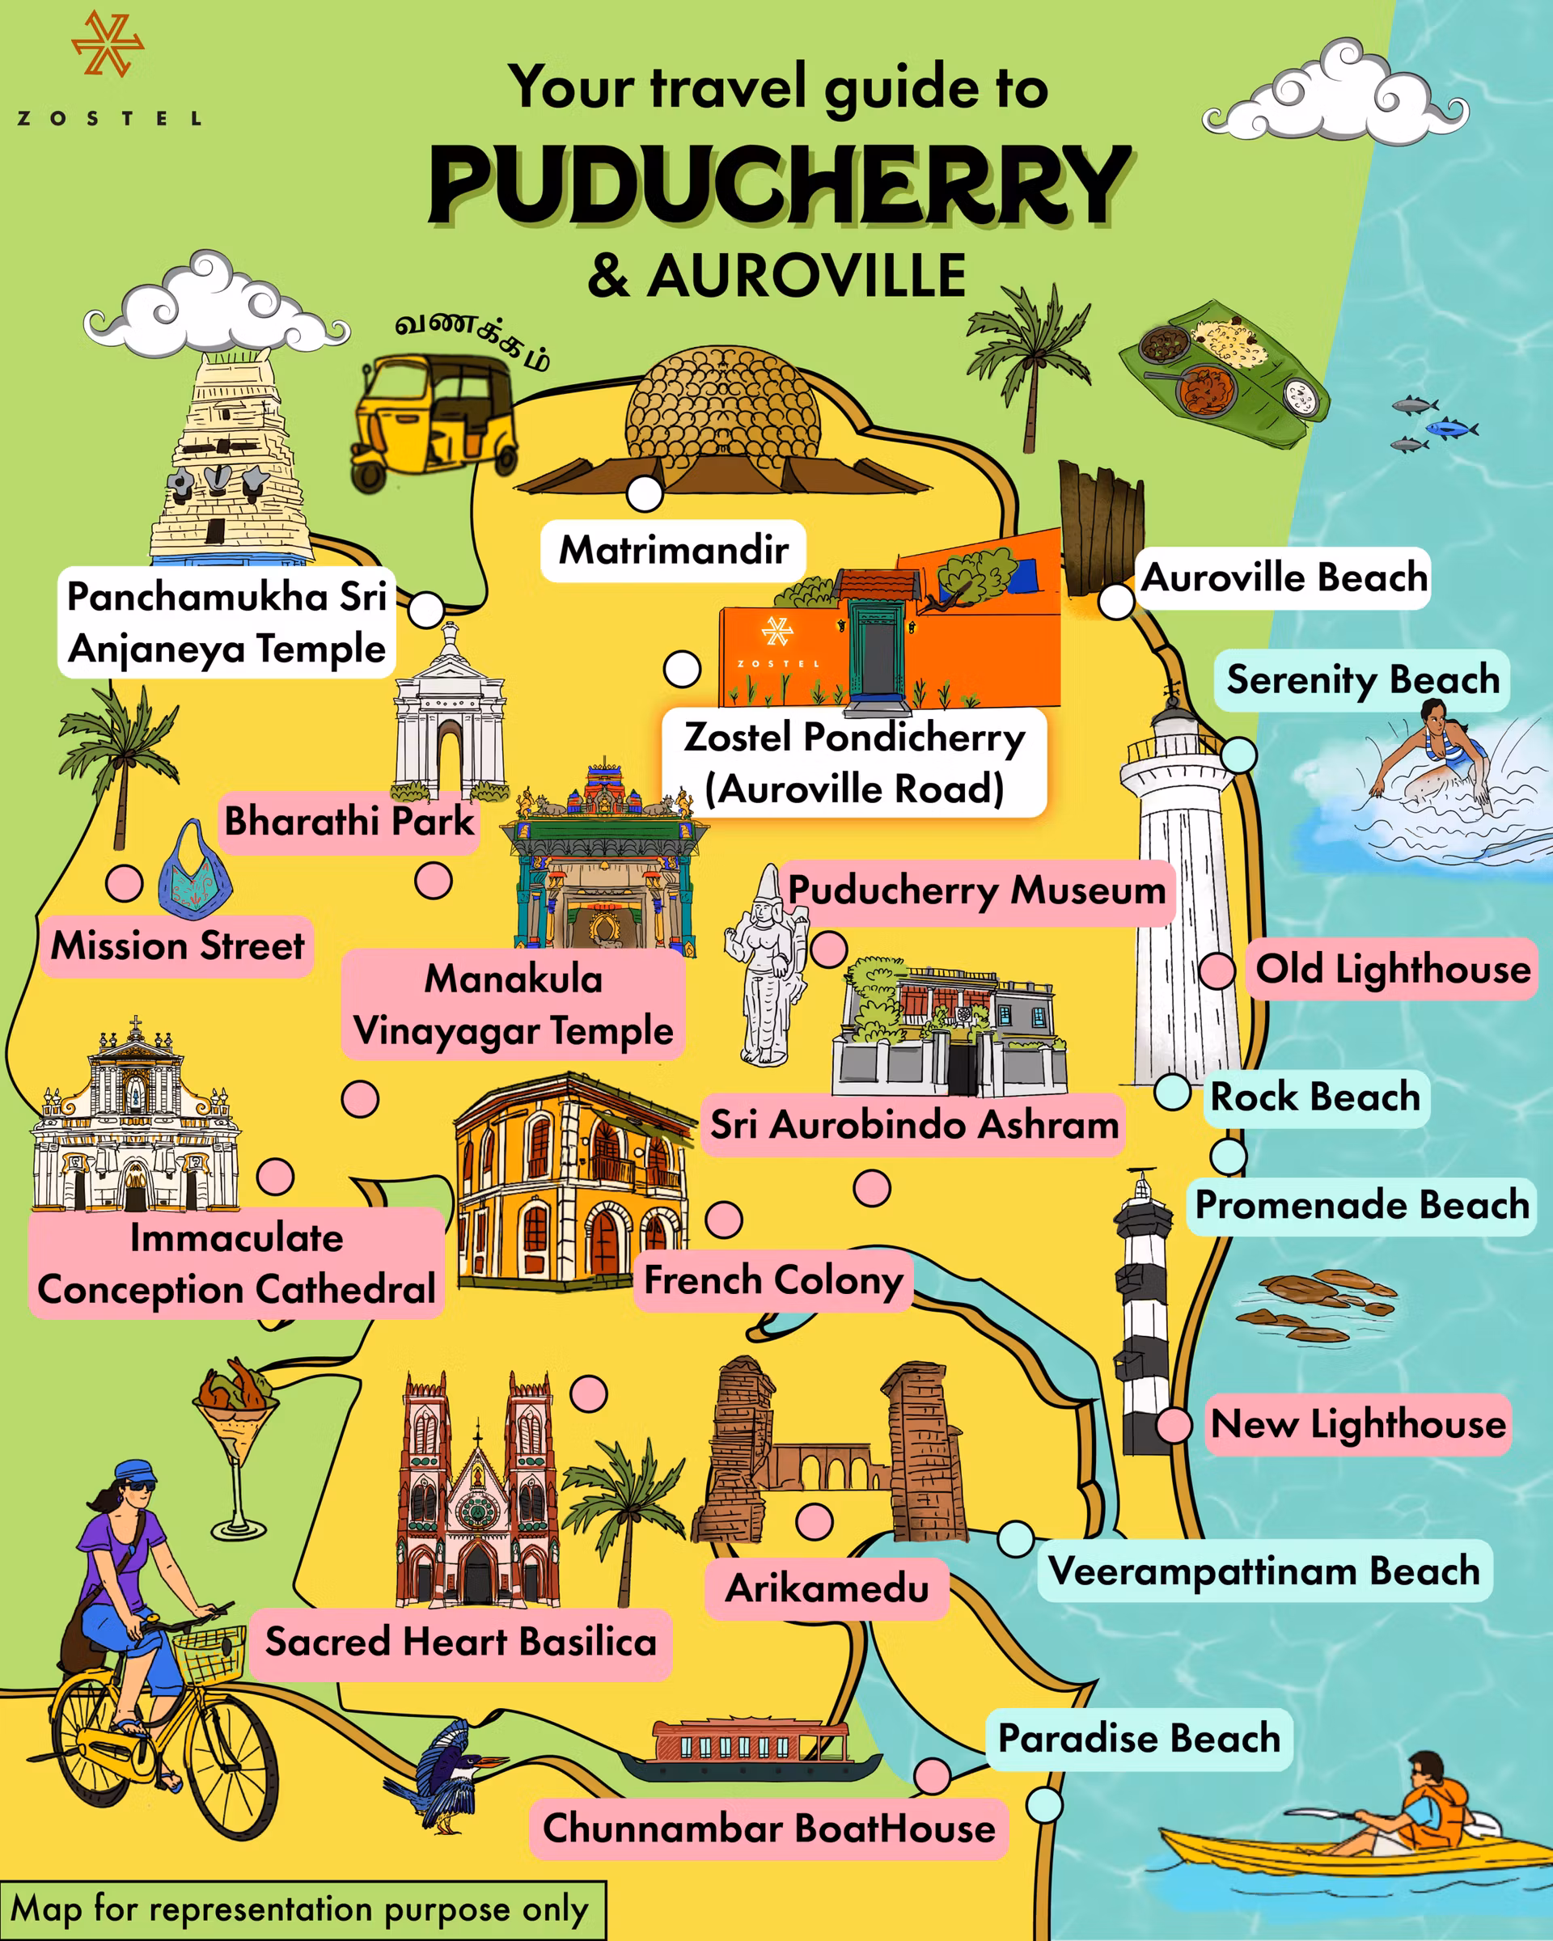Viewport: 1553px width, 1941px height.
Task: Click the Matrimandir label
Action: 674,550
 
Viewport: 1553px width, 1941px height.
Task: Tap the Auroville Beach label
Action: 1284,578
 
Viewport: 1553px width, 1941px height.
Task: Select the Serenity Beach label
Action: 1363,679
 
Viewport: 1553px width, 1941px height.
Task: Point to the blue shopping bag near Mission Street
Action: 193,873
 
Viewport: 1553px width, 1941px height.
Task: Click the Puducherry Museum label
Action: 977,891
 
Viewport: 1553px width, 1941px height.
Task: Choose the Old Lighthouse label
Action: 1393,970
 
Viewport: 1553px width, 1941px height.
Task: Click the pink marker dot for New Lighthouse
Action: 1174,1426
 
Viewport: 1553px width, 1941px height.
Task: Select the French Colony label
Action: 773,1280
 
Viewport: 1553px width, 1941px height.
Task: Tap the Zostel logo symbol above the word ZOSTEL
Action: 107,43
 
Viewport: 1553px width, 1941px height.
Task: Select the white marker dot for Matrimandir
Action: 645,493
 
